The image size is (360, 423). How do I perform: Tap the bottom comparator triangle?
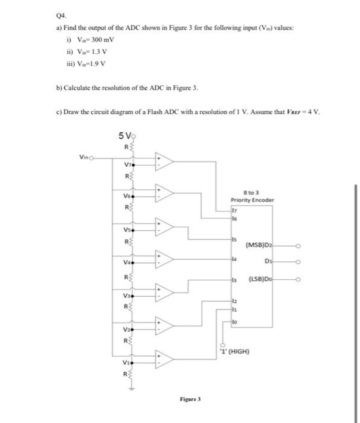164,358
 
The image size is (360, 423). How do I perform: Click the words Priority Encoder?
252,201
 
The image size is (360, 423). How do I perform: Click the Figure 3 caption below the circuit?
190,399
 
